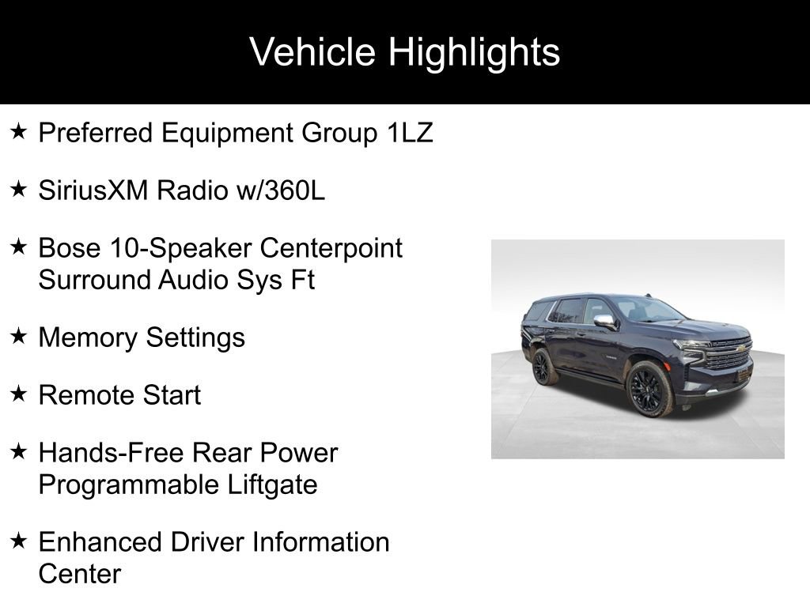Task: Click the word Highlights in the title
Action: pyautogui.click(x=474, y=52)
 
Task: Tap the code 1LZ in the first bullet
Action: pyautogui.click(x=410, y=133)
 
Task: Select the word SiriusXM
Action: pyautogui.click(x=95, y=190)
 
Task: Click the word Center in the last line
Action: pyautogui.click(x=79, y=574)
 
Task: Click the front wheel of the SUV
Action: pyautogui.click(x=649, y=389)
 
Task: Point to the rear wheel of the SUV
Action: pyautogui.click(x=543, y=368)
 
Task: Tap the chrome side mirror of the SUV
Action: pyautogui.click(x=605, y=321)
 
